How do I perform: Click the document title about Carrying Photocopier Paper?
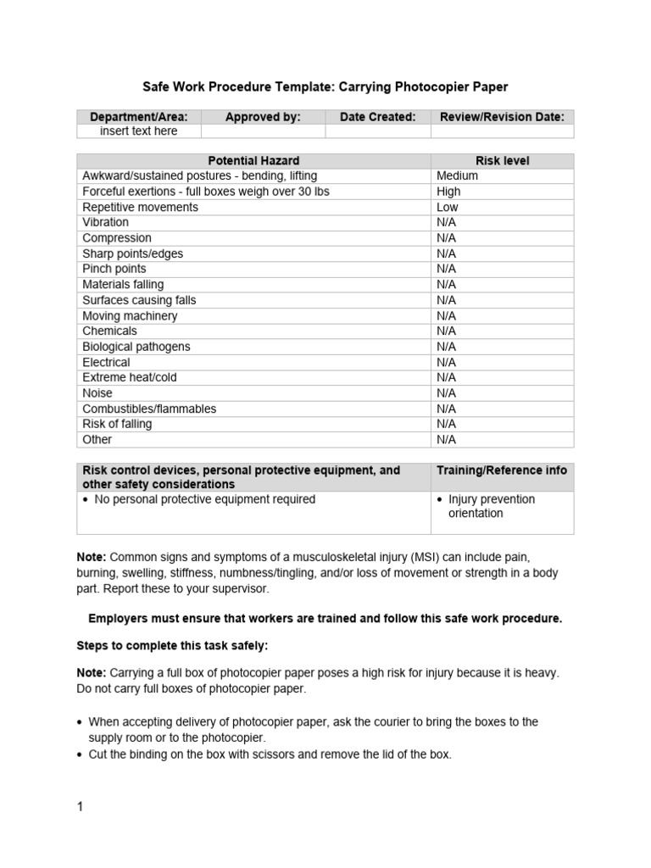click(325, 87)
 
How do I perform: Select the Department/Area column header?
click(139, 117)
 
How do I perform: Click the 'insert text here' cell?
click(139, 131)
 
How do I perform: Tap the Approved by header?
click(263, 117)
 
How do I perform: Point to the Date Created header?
click(377, 117)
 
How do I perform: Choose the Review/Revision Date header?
click(502, 117)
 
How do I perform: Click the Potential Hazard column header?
click(253, 160)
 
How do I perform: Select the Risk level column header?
click(502, 160)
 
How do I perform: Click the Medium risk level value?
click(457, 175)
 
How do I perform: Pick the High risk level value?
click(448, 192)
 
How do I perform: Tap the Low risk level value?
click(448, 207)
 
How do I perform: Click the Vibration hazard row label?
click(105, 222)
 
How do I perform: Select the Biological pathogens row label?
click(136, 347)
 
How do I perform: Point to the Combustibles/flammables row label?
click(148, 409)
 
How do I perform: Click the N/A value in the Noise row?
click(446, 393)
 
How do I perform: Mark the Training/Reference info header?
click(502, 470)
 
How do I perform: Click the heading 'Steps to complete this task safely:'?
click(172, 646)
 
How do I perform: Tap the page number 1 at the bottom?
click(80, 807)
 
